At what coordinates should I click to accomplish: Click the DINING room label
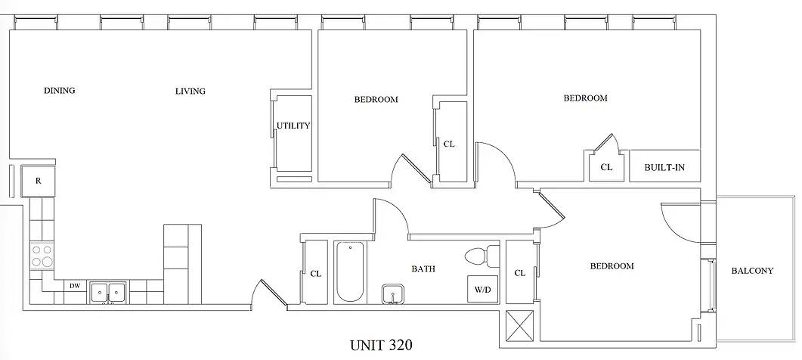59,91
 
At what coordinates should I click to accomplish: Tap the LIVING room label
190,92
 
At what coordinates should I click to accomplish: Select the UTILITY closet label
293,126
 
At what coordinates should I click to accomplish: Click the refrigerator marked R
38,182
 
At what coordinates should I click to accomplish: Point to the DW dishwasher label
75,286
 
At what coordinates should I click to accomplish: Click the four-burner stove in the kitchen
41,256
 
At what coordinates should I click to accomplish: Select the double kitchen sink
108,292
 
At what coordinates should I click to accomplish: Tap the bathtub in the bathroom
349,272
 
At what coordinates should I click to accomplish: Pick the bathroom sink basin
392,293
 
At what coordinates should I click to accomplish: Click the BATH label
423,268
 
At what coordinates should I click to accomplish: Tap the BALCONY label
751,272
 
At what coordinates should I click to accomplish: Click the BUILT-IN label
664,167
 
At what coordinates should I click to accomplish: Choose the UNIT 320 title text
381,346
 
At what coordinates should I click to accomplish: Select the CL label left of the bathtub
315,274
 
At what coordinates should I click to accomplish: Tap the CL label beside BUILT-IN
605,167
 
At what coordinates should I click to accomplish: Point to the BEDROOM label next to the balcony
612,266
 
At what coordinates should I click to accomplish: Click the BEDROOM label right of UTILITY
376,99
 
